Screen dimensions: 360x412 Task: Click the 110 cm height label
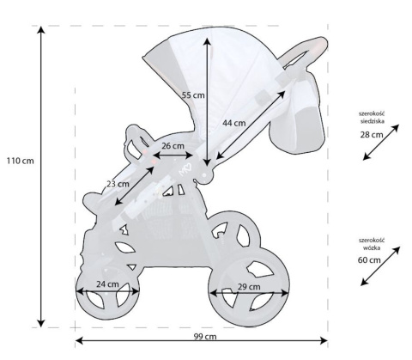[20, 161]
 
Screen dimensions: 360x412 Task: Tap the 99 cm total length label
[205, 337]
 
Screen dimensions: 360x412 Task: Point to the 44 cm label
[233, 123]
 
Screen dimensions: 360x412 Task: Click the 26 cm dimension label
[173, 146]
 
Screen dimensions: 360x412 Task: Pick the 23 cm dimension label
[118, 183]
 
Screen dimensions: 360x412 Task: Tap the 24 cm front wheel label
[106, 284]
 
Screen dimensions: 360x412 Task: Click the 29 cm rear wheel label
[248, 286]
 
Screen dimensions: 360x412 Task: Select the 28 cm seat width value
[372, 135]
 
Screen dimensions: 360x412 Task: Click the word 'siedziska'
[373, 122]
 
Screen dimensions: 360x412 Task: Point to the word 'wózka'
[373, 247]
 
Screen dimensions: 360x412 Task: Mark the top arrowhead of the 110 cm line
[39, 28]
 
